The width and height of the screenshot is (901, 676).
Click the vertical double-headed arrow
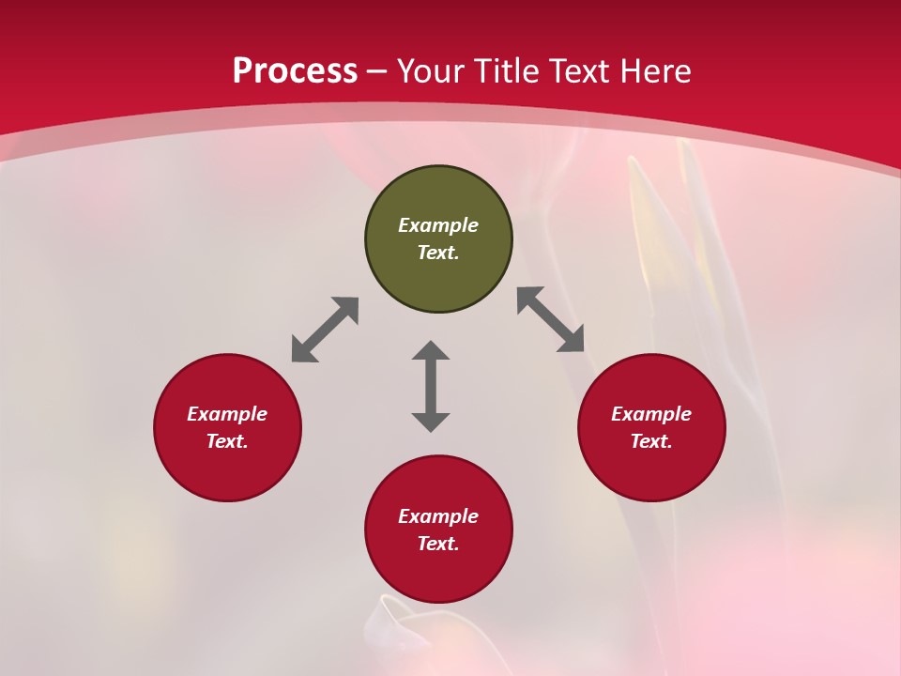point(431,386)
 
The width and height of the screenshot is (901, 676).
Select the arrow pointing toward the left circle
point(325,330)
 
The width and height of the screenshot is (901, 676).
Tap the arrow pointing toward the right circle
point(551,319)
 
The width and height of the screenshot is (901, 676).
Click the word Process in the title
point(295,70)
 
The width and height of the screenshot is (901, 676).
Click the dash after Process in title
point(377,72)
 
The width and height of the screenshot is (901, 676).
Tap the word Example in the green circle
point(438,225)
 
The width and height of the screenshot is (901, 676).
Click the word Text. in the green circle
point(438,253)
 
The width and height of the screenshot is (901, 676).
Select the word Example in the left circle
point(227,414)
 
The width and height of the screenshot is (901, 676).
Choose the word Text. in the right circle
point(651,441)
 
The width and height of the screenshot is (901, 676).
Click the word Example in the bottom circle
point(438,516)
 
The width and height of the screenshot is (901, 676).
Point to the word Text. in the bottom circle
point(438,544)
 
